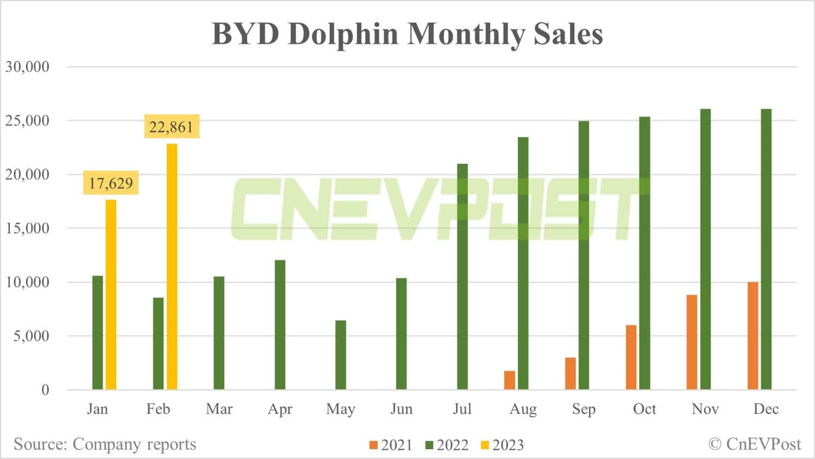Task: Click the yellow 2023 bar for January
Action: coord(111,294)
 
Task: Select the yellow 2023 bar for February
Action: coord(172,266)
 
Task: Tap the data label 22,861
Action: coord(171,127)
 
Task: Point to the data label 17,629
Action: coord(111,183)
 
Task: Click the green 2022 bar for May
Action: coord(341,355)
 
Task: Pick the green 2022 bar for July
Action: coord(462,276)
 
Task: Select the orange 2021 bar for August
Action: coord(510,380)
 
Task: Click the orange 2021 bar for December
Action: coord(753,336)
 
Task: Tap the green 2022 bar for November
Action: coord(705,249)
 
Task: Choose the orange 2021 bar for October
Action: coord(631,357)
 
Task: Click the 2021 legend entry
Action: coord(391,445)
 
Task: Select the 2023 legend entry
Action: coord(502,445)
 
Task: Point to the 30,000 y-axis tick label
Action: coord(27,67)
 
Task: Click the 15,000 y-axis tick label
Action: coord(27,228)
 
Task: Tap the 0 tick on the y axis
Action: coord(45,390)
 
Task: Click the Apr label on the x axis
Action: coord(280,409)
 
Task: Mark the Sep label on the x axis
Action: coord(584,409)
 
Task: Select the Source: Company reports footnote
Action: coord(105,444)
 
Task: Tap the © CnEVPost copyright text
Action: coord(755,444)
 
